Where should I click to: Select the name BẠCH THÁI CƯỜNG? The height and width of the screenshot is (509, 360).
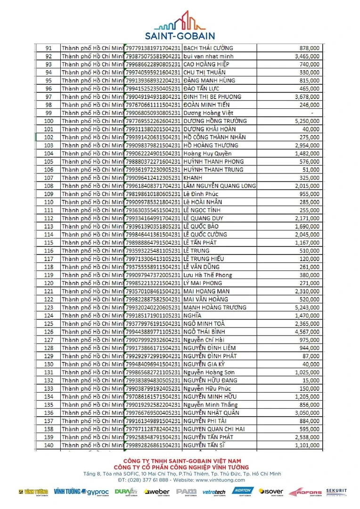coord(208,48)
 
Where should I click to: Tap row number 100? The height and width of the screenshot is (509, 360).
coord(49,121)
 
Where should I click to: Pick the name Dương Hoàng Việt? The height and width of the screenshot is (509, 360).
coord(208,113)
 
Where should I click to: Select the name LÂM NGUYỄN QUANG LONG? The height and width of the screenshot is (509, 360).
coord(219,186)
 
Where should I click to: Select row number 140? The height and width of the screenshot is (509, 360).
coord(49,445)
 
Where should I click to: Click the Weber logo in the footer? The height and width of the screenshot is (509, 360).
coord(156,492)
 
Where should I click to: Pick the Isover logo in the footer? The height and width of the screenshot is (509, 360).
coord(271,492)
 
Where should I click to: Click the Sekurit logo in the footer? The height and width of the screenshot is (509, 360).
coord(336,492)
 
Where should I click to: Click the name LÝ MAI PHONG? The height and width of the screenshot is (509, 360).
coord(202,283)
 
